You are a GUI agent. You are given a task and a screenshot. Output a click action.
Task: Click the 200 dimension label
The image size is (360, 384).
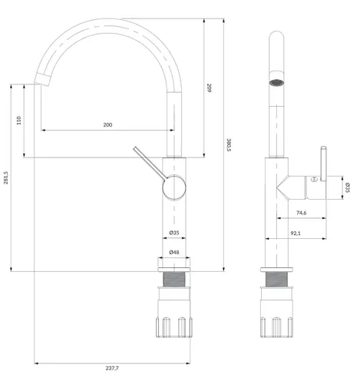(107, 125)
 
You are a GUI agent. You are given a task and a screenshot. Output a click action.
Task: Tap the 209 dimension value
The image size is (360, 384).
(209, 88)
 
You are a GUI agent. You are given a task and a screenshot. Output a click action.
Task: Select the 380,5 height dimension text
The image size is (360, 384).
(229, 145)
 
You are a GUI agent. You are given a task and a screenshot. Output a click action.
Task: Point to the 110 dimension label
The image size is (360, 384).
(18, 121)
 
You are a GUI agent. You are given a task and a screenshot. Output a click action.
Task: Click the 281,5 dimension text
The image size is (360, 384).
(6, 177)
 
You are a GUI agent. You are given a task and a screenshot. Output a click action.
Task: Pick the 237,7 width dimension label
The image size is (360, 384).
(112, 369)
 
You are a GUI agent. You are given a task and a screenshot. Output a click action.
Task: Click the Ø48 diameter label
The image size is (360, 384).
(174, 253)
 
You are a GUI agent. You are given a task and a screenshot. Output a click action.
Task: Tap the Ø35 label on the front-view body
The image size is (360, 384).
(174, 233)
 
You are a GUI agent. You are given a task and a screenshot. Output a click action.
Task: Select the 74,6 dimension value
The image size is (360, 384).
(302, 213)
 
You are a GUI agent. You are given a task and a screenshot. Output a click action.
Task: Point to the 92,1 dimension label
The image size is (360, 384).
(296, 233)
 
